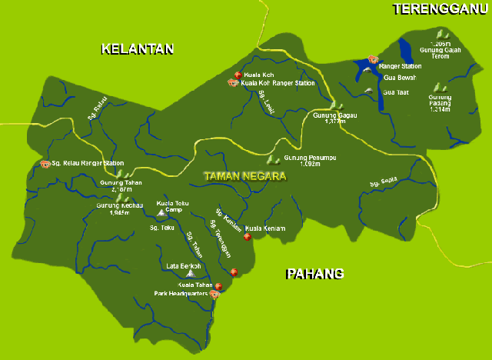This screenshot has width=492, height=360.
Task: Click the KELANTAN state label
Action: point(138,49)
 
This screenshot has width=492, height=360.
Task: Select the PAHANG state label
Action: point(314,274)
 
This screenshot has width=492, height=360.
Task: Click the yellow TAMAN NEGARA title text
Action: point(244,176)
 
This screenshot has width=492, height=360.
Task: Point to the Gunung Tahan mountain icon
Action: point(120,175)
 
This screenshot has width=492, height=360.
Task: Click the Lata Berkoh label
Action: point(184,266)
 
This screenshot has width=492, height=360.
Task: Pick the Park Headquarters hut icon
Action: point(216,293)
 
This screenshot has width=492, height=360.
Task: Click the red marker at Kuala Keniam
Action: point(247,237)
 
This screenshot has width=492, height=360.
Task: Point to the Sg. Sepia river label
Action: point(383,182)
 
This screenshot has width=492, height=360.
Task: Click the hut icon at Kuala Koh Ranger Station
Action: point(232,83)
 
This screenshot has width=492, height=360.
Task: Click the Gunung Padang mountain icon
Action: point(439,88)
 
